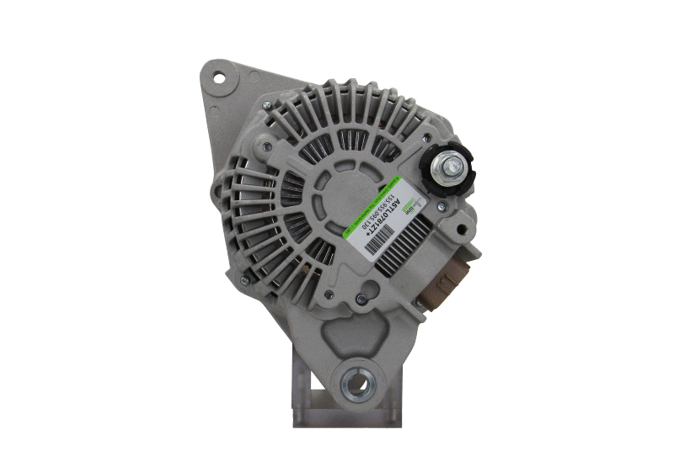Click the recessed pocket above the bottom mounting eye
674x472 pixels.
(354, 332)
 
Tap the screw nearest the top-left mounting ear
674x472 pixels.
(266, 105)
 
